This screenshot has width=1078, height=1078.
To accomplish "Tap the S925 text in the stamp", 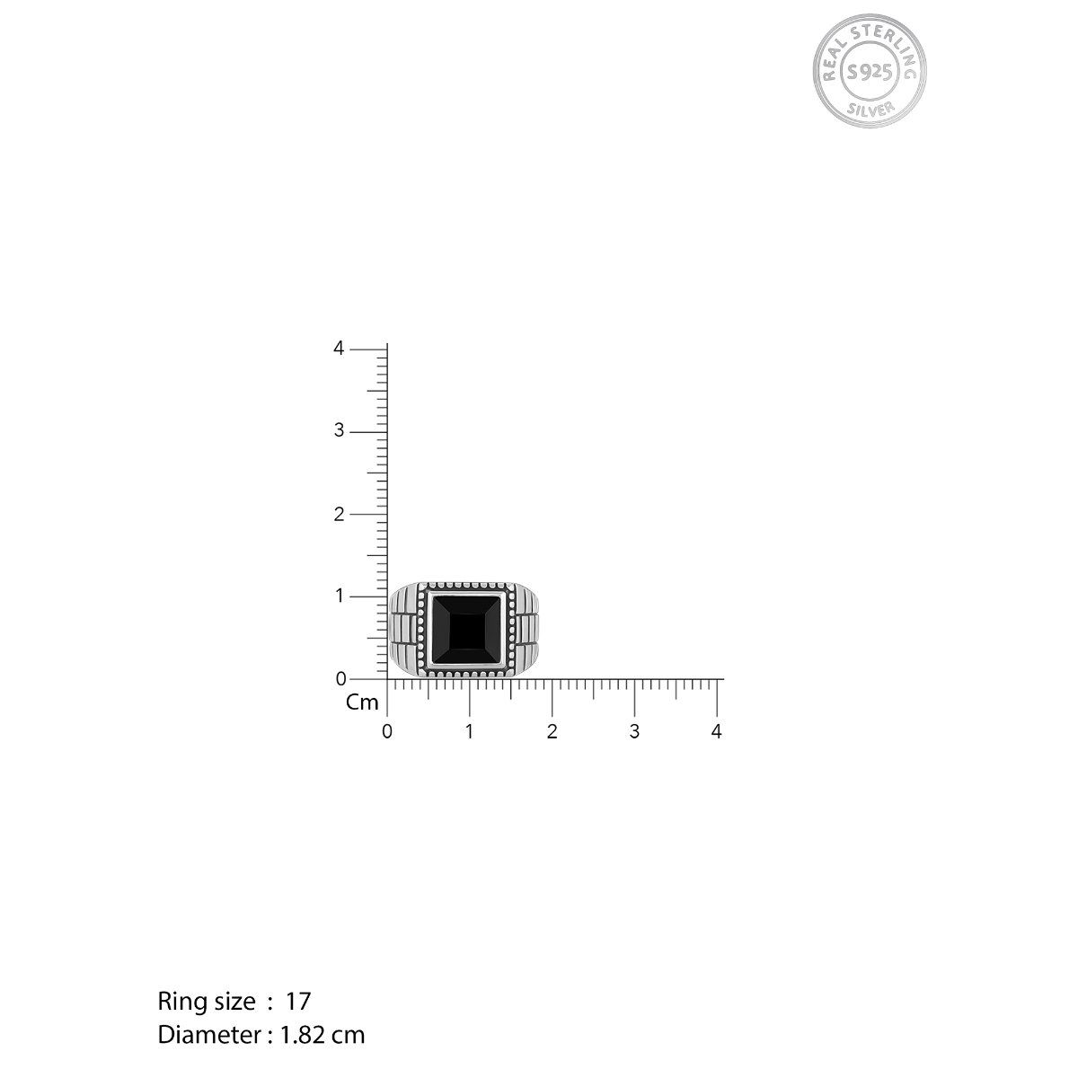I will (870, 71).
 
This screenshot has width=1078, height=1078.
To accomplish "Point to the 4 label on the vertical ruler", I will (339, 349).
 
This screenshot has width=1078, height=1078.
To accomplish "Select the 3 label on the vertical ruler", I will (339, 431).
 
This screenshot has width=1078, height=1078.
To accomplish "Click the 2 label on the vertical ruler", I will (339, 514).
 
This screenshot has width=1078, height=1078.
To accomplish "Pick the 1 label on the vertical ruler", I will (339, 596).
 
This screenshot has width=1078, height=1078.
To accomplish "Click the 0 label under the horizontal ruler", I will (387, 731).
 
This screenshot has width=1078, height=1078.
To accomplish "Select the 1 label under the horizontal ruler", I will (470, 731).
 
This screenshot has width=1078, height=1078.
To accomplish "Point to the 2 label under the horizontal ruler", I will (552, 731).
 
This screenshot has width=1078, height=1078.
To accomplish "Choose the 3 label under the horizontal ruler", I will (634, 731).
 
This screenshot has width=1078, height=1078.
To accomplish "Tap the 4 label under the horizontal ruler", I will (716, 731).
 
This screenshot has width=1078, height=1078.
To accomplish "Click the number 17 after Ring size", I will (298, 1001).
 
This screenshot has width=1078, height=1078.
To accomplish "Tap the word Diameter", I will (209, 1035).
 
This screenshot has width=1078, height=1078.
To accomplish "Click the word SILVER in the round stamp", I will (870, 109).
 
